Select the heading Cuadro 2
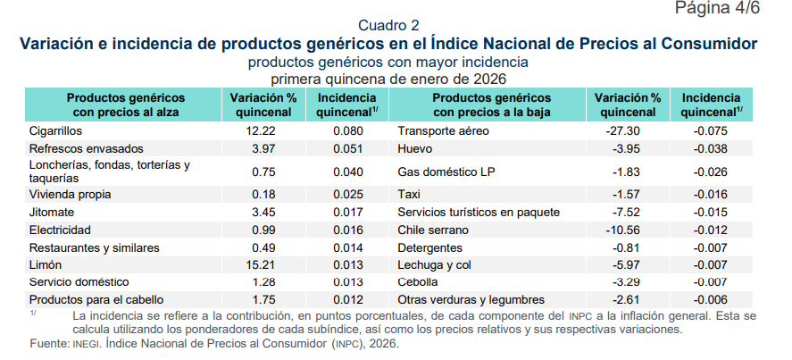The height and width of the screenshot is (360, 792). tap(388, 24)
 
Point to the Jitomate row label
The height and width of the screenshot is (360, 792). tap(53, 213)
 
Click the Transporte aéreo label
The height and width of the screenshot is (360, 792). tap(444, 131)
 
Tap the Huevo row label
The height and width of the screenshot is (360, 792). tap(415, 148)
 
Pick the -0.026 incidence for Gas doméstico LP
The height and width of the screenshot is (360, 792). tap(712, 172)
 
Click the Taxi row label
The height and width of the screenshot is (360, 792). tap(409, 193)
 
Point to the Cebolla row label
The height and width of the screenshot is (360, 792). tap(419, 282)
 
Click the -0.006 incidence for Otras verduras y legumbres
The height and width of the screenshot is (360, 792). tap(712, 299)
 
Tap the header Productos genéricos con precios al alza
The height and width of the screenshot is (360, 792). tap(126, 105)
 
